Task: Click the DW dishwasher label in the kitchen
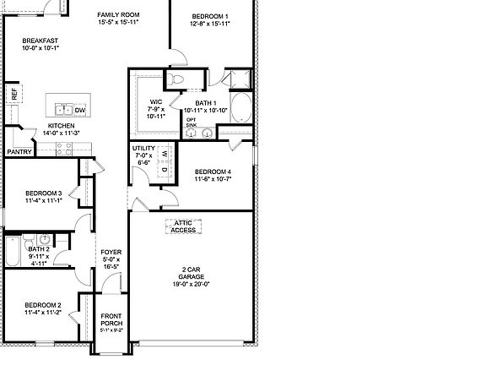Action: pyautogui.click(x=79, y=111)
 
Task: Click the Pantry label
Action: pyautogui.click(x=19, y=152)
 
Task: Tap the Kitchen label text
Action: pyautogui.click(x=50, y=128)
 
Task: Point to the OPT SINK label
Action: pyautogui.click(x=192, y=123)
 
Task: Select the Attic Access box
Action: pyautogui.click(x=183, y=226)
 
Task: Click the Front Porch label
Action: pyautogui.click(x=111, y=319)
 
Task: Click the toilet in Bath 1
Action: pyautogui.click(x=176, y=79)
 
